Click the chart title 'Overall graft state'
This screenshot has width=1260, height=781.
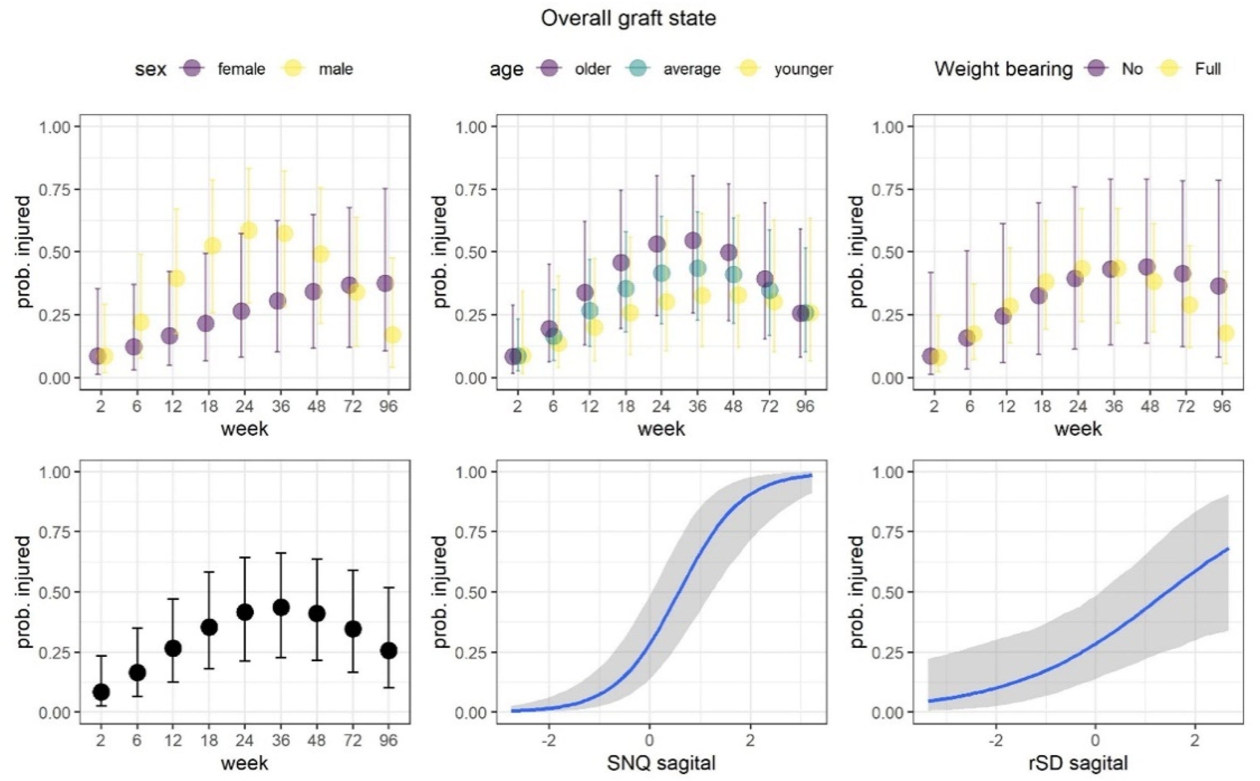(x=628, y=18)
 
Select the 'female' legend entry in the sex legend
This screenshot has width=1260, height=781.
(x=241, y=69)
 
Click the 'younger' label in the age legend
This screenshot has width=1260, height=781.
(x=803, y=69)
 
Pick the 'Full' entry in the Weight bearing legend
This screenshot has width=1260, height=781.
(x=1207, y=69)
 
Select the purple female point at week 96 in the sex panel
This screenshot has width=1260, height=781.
(x=385, y=283)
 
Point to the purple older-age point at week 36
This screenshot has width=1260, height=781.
(x=693, y=240)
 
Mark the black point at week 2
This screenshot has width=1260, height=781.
(x=101, y=692)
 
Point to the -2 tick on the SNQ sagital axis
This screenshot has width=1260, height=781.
(x=548, y=740)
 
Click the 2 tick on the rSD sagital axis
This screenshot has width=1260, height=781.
(x=1194, y=740)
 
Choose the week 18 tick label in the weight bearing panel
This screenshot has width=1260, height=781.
(x=1042, y=406)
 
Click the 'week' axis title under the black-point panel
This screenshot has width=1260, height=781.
(x=244, y=763)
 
